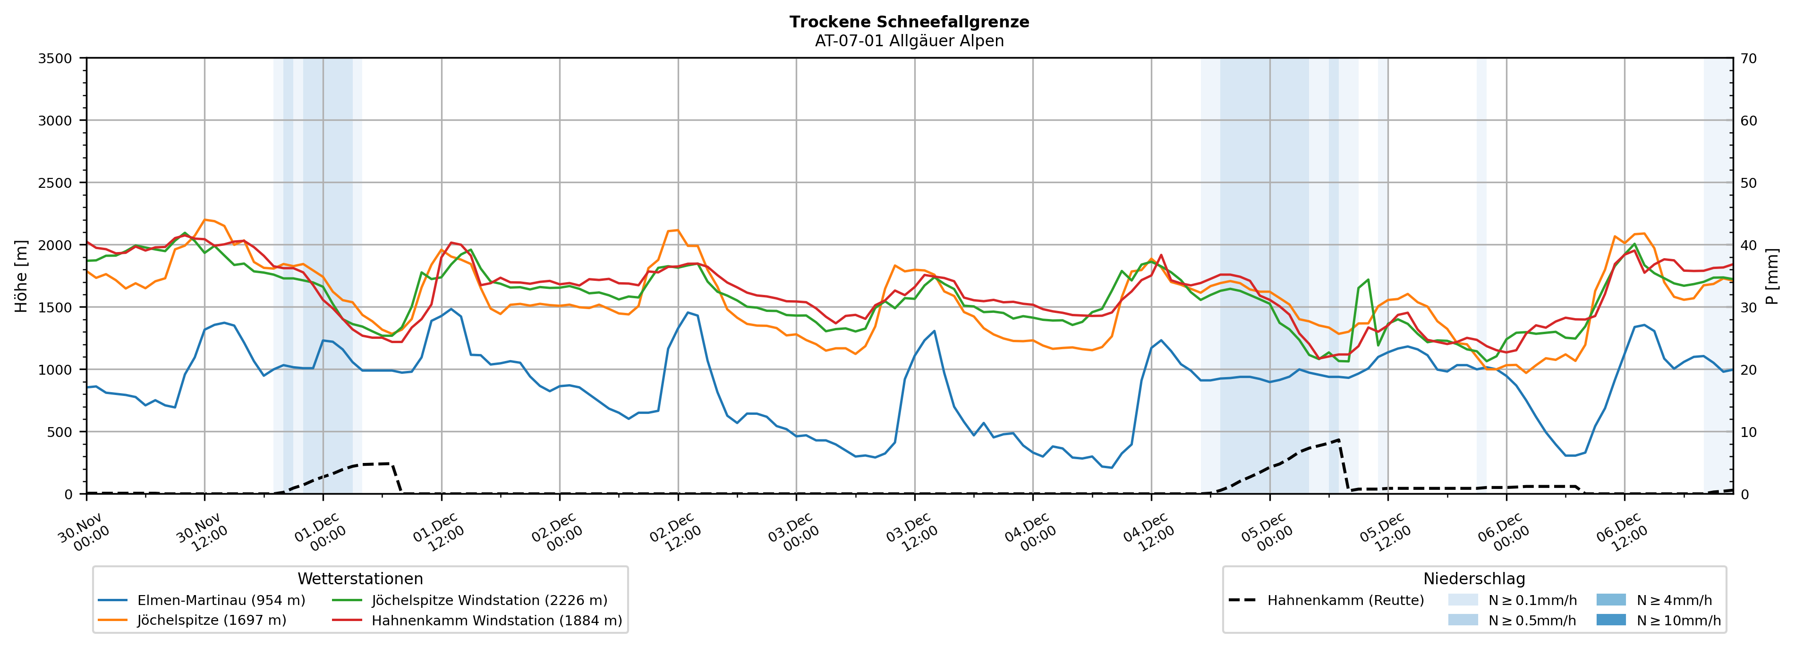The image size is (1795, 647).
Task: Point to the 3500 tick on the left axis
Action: coord(55,59)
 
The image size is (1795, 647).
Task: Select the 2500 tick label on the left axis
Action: coord(55,183)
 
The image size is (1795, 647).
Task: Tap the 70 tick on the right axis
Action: coord(1748,59)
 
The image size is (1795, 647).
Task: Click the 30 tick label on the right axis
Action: coord(1748,308)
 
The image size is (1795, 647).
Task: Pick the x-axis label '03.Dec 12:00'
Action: coord(911,533)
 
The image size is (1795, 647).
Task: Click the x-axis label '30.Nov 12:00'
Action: coord(201,533)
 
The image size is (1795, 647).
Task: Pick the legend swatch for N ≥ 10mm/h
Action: coord(1611,620)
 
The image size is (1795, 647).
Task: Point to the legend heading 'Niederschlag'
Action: coord(1474,579)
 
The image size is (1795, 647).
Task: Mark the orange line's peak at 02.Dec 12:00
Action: coord(677,230)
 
